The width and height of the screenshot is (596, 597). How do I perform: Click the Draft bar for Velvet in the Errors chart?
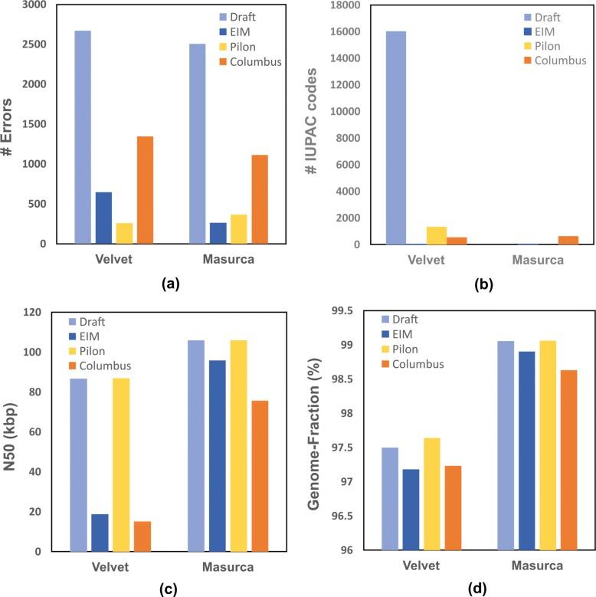[83, 137]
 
